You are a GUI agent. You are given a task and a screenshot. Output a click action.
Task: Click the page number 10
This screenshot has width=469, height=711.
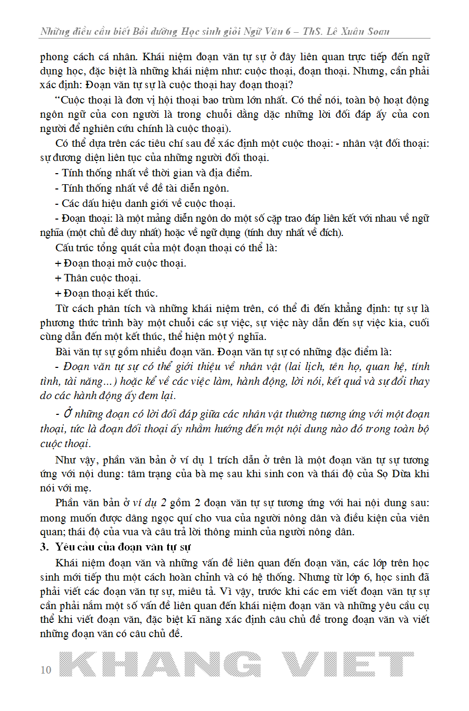click(46, 670)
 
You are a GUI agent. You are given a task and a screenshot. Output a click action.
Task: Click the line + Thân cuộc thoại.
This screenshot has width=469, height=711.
click(98, 278)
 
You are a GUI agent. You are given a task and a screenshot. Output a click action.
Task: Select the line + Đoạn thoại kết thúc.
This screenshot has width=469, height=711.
click(106, 293)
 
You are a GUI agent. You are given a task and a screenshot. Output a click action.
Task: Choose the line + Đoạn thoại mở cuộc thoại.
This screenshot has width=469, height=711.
click(120, 263)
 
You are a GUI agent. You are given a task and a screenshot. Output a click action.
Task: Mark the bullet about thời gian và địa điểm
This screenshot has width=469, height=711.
click(154, 173)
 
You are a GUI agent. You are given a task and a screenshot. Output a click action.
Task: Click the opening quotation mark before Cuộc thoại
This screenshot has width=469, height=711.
click(58, 100)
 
